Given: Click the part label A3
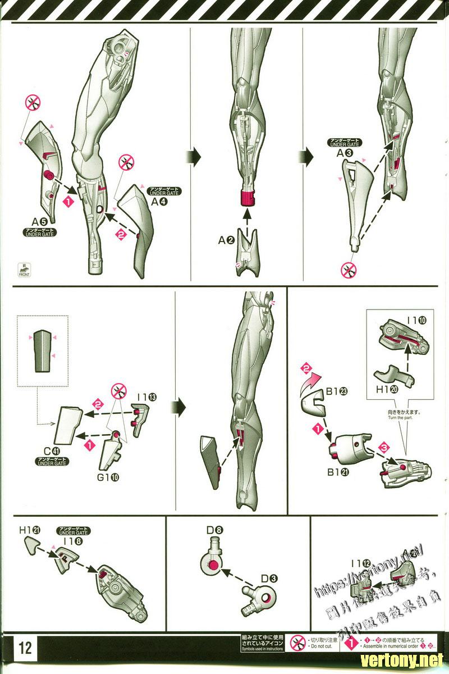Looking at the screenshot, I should click(x=345, y=152).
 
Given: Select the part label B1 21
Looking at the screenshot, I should click(x=338, y=471).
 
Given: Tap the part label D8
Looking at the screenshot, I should click(x=216, y=529).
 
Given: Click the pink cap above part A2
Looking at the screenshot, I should click(x=246, y=198).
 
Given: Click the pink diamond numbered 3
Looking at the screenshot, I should click(x=384, y=448).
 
